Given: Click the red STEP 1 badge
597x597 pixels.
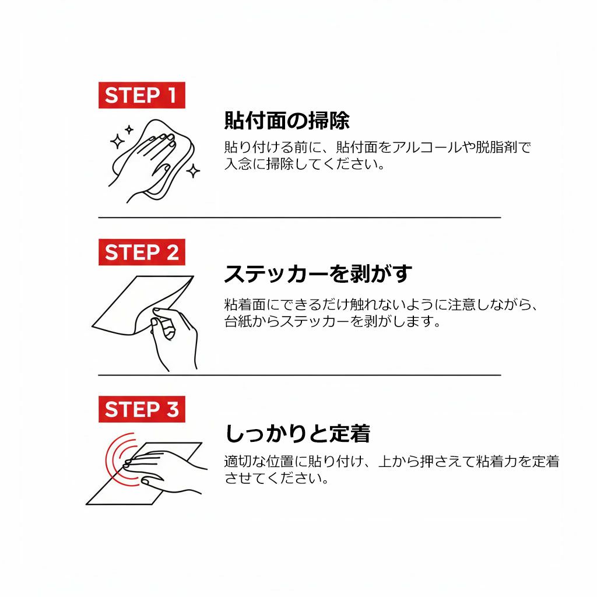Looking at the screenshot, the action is tap(142, 95).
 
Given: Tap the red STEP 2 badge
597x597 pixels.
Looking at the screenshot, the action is tap(142, 252).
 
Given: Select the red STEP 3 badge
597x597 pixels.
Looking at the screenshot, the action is tap(142, 409).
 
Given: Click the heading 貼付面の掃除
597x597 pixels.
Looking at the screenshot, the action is tap(287, 121).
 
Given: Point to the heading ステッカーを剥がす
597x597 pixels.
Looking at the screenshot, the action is tap(318, 274).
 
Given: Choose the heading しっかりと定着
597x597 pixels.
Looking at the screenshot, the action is tap(297, 434).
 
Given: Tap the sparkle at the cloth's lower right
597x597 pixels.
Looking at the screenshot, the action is tap(194, 171).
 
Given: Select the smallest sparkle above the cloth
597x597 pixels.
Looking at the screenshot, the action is tap(129, 130).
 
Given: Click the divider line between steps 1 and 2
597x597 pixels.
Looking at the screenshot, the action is tap(300, 217).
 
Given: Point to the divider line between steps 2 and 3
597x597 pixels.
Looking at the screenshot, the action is tap(300, 375).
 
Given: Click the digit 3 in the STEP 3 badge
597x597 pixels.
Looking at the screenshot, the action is tap(173, 409).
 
